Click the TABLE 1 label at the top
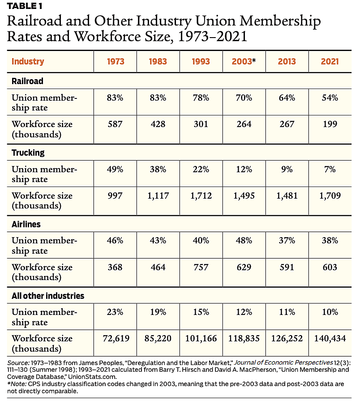[x=26, y=5]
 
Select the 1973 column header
[x=115, y=61]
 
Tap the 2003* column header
[x=244, y=61]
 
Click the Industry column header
[x=28, y=61]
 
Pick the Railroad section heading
[x=27, y=81]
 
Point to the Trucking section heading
[x=28, y=153]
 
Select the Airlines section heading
[x=26, y=224]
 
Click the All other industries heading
[x=48, y=296]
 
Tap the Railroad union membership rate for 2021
[x=330, y=98]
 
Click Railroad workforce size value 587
[x=115, y=124]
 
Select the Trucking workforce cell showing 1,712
[x=201, y=195]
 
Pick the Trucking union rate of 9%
[x=287, y=169]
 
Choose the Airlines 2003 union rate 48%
[x=244, y=241]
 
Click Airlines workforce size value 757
[x=201, y=267]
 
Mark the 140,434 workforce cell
[x=330, y=339]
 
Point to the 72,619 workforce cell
[x=115, y=339]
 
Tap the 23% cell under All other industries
[x=115, y=312]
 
